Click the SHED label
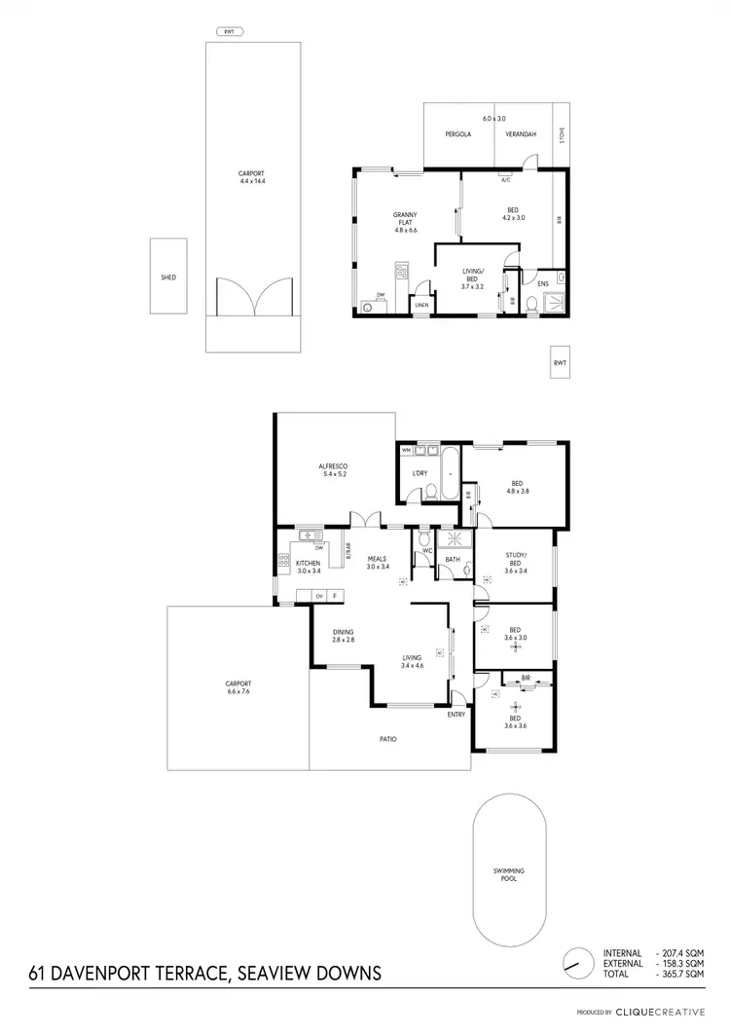[167, 277]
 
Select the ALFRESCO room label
[333, 466]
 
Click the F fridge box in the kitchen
[335, 595]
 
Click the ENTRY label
[456, 715]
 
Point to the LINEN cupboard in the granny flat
[420, 305]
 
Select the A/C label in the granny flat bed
[506, 180]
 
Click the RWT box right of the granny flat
[559, 362]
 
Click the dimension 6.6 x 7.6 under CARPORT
[237, 692]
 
